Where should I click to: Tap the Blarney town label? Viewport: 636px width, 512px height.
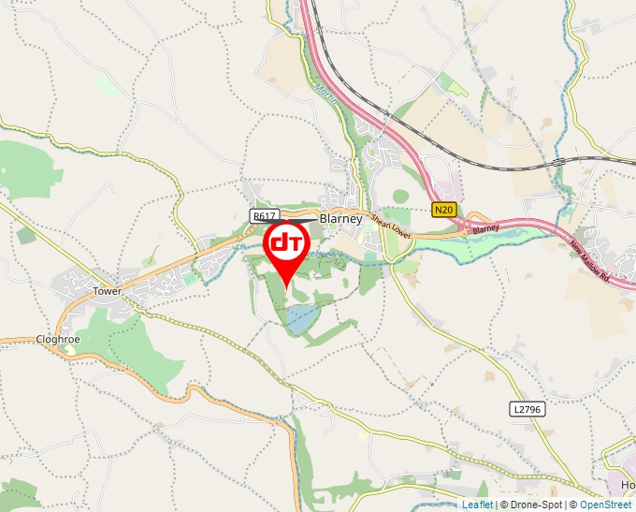[340, 218]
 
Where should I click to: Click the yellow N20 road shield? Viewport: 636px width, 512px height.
[444, 210]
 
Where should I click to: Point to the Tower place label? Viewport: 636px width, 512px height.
[108, 291]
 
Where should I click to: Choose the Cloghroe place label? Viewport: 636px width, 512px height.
[53, 339]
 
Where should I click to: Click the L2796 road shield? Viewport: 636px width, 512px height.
[528, 409]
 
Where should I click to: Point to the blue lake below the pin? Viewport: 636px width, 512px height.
[301, 319]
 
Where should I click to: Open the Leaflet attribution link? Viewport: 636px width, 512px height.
[476, 505]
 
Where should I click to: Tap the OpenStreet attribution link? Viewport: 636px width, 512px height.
[605, 505]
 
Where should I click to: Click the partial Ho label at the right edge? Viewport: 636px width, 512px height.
[628, 486]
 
